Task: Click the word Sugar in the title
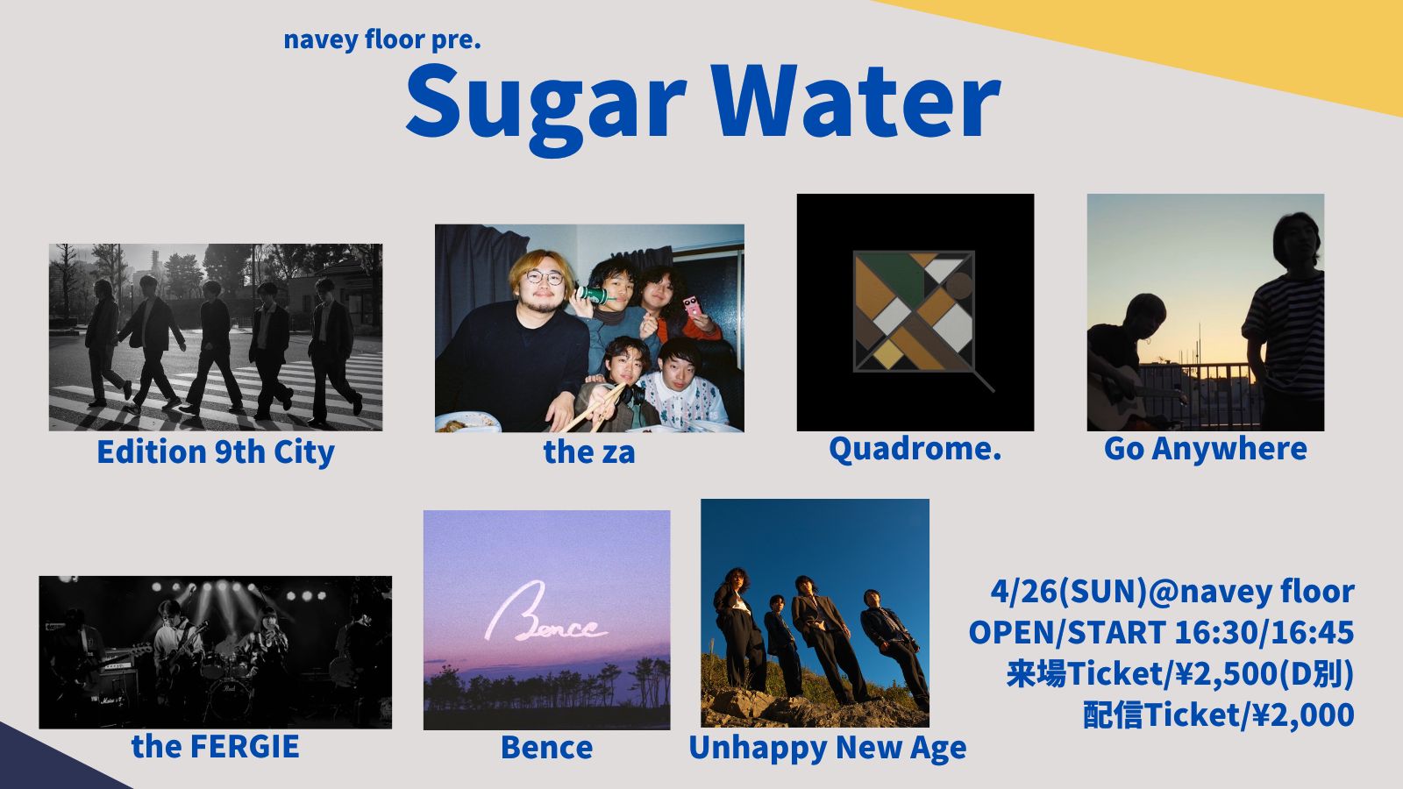pyautogui.click(x=546, y=106)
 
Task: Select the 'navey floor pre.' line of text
pyautogui.click(x=382, y=39)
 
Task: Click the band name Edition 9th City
pyautogui.click(x=216, y=452)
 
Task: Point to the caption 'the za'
pyautogui.click(x=589, y=451)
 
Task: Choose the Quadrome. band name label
pyautogui.click(x=915, y=449)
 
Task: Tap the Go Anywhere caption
pyautogui.click(x=1205, y=450)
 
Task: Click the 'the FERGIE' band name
pyautogui.click(x=216, y=746)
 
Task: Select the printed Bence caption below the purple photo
pyautogui.click(x=547, y=748)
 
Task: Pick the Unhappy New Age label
pyautogui.click(x=828, y=749)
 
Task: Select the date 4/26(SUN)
pyautogui.click(x=1069, y=592)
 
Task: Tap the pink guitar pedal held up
pyautogui.click(x=692, y=306)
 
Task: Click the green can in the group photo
pyautogui.click(x=592, y=295)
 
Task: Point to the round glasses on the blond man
pyautogui.click(x=544, y=277)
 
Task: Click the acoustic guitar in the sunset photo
pyautogui.click(x=1122, y=395)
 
